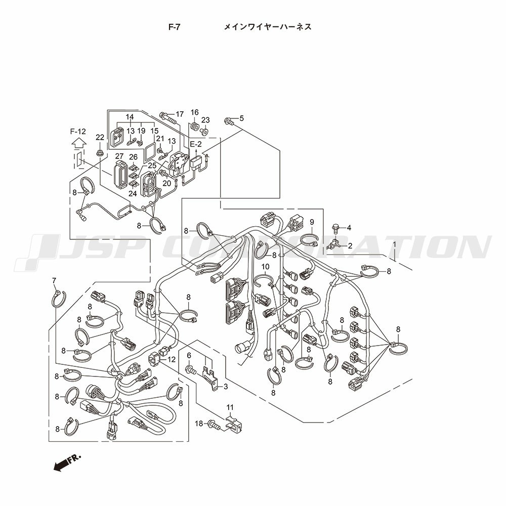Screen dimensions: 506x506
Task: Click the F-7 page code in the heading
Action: click(x=174, y=27)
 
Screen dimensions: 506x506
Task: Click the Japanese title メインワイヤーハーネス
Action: click(x=268, y=27)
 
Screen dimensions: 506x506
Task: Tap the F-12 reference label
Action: click(x=78, y=132)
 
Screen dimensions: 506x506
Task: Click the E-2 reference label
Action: click(x=195, y=144)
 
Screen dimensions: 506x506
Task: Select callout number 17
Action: click(x=180, y=114)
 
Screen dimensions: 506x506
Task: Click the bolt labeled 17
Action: click(x=167, y=118)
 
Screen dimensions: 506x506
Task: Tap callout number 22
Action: click(x=100, y=137)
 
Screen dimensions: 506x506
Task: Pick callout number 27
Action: click(x=119, y=156)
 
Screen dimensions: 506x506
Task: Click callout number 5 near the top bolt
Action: click(x=241, y=118)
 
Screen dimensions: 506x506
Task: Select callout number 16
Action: click(x=195, y=112)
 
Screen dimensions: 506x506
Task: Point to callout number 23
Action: click(x=205, y=120)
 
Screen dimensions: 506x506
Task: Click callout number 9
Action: click(x=312, y=222)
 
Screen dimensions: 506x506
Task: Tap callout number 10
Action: click(x=265, y=267)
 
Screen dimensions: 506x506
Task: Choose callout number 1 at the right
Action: click(x=394, y=244)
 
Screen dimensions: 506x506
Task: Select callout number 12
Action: click(x=172, y=359)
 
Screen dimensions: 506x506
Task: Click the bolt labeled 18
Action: click(x=215, y=424)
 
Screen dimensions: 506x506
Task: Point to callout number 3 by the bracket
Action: click(x=226, y=386)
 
